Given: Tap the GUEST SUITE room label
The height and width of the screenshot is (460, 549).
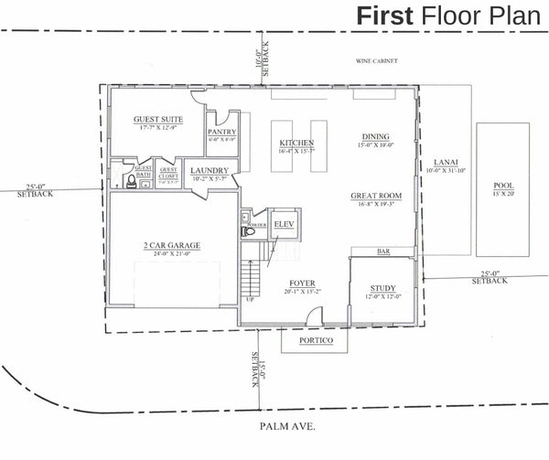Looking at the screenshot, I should click(158, 120).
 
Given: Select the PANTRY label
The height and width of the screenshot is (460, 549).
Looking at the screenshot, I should click(222, 132).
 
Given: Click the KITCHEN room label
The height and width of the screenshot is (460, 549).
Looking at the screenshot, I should click(296, 144).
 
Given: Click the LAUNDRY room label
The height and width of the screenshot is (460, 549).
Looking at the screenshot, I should click(210, 171).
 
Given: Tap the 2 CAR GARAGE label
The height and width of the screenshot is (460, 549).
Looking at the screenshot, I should click(170, 245).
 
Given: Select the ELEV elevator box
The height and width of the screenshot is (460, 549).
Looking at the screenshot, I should click(284, 222).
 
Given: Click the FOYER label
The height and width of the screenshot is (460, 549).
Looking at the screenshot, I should click(303, 283).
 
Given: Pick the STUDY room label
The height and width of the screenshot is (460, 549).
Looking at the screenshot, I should click(382, 288).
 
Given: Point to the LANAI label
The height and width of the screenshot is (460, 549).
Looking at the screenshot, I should click(447, 161).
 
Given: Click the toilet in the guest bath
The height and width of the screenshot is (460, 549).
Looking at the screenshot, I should click(133, 183).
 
